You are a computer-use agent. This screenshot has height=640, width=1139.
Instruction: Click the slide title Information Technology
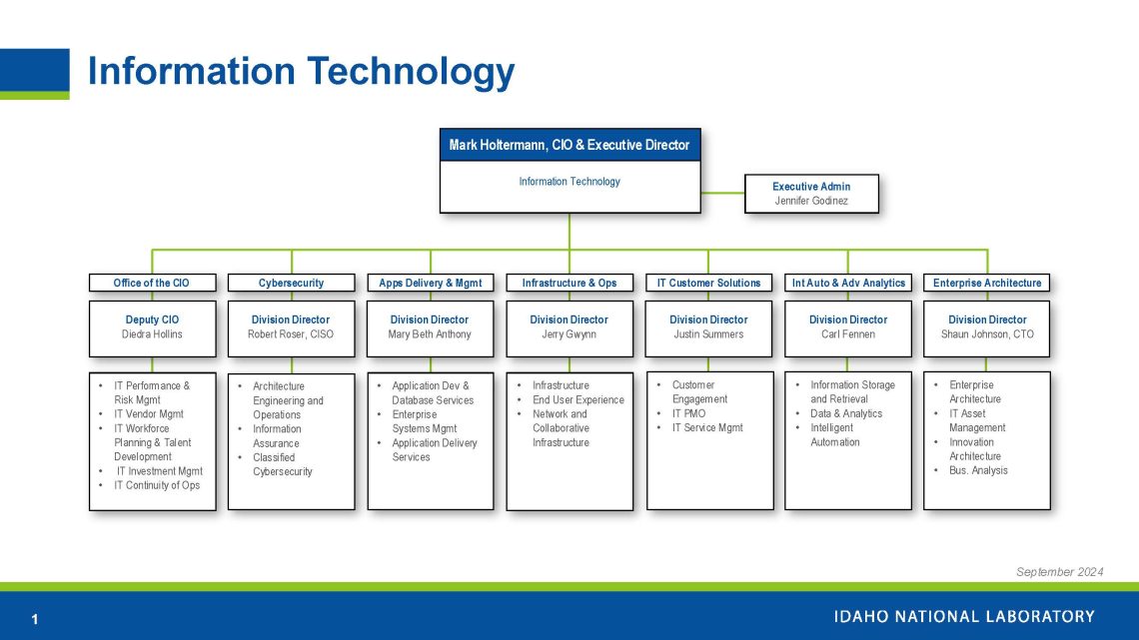click(301, 72)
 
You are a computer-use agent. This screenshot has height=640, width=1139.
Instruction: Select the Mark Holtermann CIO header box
click(569, 145)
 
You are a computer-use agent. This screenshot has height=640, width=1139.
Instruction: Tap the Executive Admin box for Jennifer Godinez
click(811, 194)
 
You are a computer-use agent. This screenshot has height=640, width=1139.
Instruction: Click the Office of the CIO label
click(152, 283)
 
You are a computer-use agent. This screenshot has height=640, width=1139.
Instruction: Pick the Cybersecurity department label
click(291, 283)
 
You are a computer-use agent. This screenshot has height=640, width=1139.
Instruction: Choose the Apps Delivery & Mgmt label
click(431, 283)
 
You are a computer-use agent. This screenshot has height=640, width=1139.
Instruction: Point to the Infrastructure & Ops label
click(569, 283)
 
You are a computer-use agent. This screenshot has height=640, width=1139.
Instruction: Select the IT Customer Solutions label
click(708, 283)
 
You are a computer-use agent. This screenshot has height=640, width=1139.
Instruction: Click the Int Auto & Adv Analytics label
click(848, 283)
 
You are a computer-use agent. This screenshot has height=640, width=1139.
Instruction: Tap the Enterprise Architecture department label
click(987, 283)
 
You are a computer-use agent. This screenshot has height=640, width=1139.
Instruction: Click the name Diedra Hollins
click(152, 334)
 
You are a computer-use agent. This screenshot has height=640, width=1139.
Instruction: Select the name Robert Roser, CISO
click(291, 334)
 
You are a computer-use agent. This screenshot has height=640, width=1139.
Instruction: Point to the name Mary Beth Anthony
click(430, 334)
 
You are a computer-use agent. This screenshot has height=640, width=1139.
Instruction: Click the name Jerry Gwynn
click(569, 334)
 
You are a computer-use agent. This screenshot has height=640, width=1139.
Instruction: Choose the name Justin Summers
click(708, 334)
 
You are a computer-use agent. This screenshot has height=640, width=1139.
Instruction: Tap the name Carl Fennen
click(848, 334)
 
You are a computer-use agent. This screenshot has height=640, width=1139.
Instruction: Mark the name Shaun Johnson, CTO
click(987, 334)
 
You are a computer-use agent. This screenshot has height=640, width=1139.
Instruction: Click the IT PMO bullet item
click(688, 413)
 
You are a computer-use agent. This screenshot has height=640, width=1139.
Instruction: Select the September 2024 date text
click(1059, 572)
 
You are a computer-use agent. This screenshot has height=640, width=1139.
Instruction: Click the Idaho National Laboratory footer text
click(964, 616)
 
